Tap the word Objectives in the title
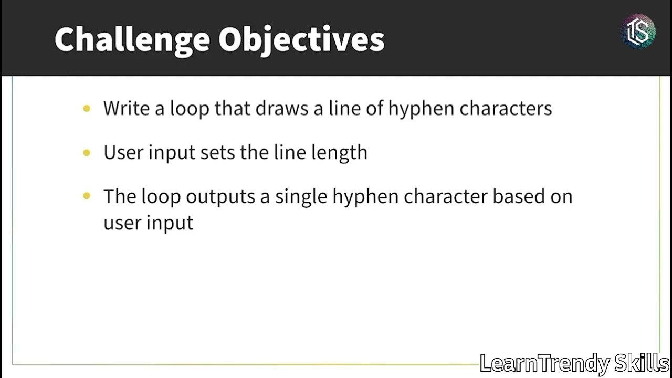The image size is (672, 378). click(x=301, y=40)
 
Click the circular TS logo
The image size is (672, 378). click(x=638, y=31)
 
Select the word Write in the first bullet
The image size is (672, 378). click(x=125, y=108)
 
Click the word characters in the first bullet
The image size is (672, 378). click(x=506, y=108)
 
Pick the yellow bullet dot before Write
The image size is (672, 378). click(x=87, y=109)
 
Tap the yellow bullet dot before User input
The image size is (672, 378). click(x=87, y=153)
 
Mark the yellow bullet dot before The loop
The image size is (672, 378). click(x=87, y=196)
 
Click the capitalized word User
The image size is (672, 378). click(x=123, y=153)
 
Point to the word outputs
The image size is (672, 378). click(x=220, y=196)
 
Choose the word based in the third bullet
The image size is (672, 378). click(x=517, y=196)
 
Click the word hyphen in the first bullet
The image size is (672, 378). click(x=421, y=108)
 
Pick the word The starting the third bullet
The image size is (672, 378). click(x=120, y=196)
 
